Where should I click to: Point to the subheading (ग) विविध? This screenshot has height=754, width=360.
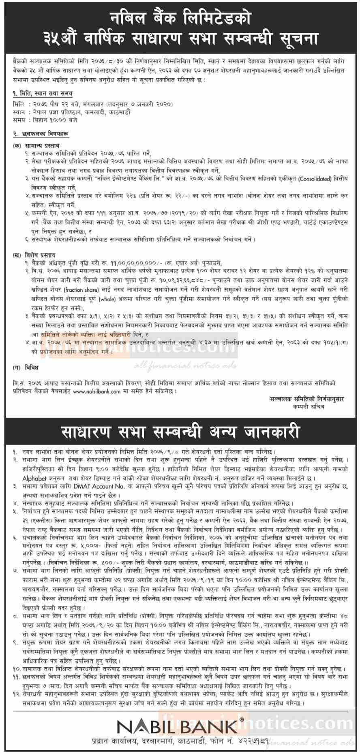point(26,367)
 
